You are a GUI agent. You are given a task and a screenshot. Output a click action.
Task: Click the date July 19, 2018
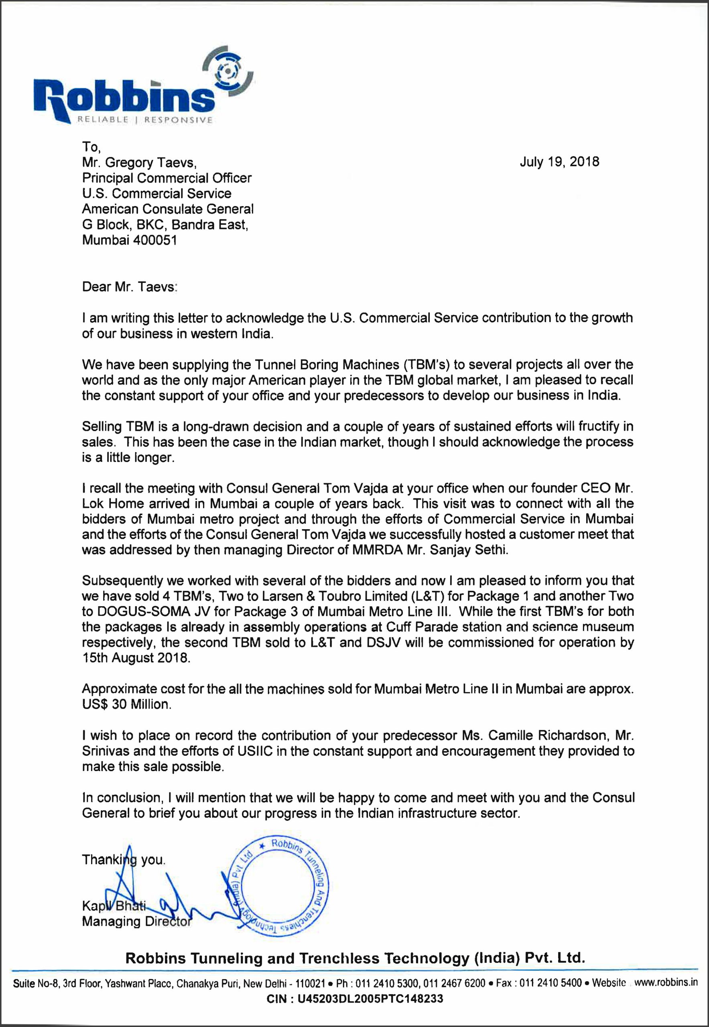(559, 162)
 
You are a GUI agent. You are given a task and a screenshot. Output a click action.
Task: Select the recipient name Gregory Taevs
(150, 163)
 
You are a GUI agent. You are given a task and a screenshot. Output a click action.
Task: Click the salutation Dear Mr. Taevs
(129, 287)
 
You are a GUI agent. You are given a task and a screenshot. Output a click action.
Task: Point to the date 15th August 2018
(136, 658)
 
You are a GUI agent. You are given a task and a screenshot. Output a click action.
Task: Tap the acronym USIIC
(232, 751)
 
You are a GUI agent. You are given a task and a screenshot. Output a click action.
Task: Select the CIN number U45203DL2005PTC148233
(370, 999)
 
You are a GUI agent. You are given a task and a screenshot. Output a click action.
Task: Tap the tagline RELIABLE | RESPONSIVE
(145, 120)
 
